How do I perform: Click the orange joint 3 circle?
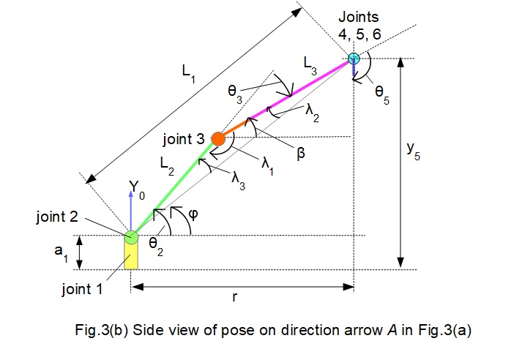pos(217,137)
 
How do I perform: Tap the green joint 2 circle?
pos(131,236)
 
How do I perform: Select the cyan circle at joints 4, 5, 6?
pos(354,58)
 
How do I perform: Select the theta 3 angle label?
pos(235,93)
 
